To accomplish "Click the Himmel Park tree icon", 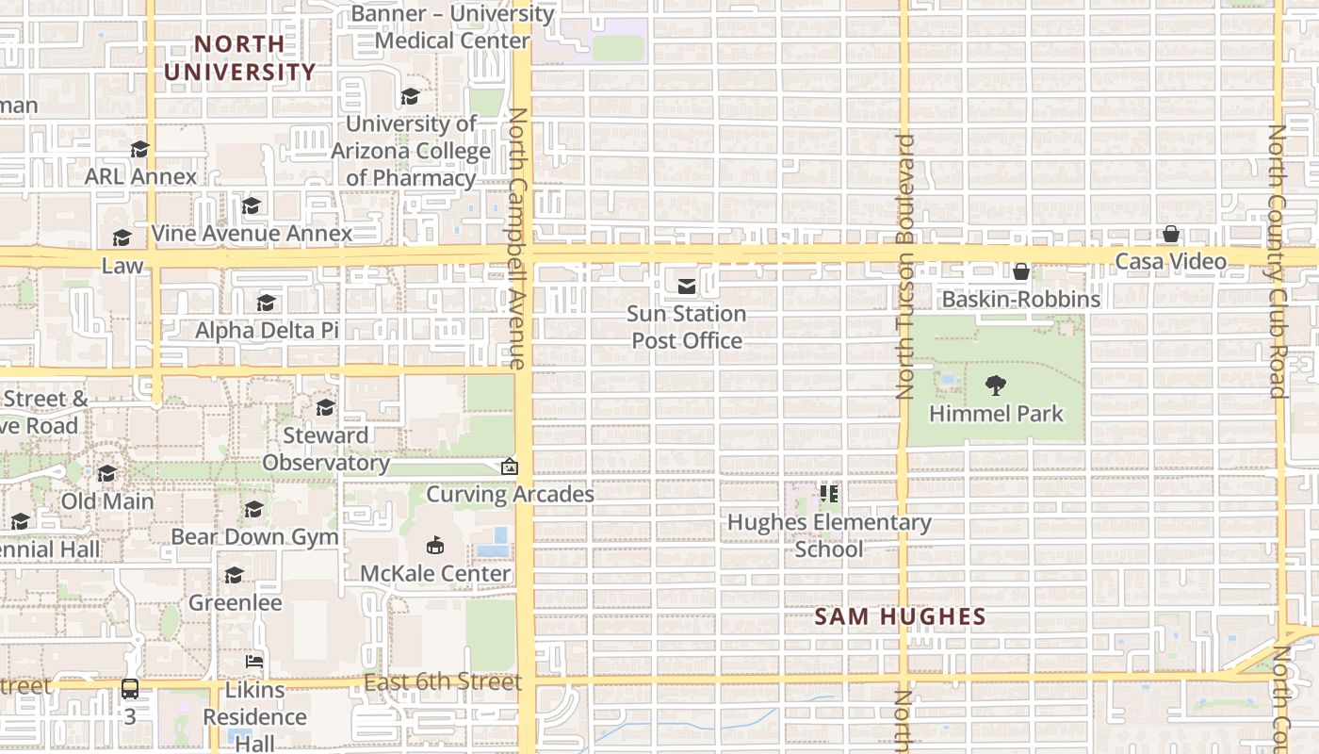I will coord(995,385).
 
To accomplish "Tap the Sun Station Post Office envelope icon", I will coord(687,286).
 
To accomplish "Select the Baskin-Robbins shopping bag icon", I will coord(1020,271).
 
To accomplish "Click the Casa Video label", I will coord(1170,261).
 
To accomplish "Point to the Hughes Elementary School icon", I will coord(829,493).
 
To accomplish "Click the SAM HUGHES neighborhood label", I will coord(900,617).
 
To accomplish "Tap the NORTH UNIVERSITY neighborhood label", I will coord(239,57).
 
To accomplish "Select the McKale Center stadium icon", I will coord(435,545).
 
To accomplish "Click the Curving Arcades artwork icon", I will coord(509,467).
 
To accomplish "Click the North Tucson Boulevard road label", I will coord(905,266).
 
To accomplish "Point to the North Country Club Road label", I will coord(1278,261).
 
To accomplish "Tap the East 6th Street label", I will coord(443,682).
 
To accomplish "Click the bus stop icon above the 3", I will coord(130,689).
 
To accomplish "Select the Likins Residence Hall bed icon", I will coord(254,661).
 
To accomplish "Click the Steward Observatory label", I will coord(325,449).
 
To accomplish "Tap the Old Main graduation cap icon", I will coord(107,473).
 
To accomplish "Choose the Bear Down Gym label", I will coord(254,536).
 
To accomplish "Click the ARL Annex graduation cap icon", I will coord(139,149).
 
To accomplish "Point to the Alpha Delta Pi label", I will coord(267,330).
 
